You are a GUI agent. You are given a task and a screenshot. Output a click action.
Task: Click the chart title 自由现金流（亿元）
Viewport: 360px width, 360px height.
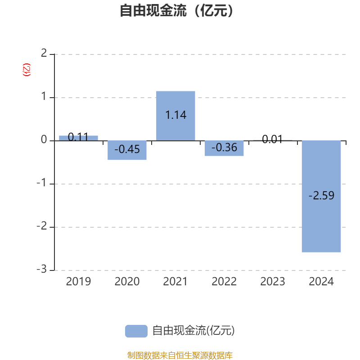176,10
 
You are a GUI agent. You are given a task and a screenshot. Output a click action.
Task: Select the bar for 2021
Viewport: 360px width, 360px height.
175,116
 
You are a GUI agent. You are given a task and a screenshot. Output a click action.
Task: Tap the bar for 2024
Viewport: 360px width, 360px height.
321,196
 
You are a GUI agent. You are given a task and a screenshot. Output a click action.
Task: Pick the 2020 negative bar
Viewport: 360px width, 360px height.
127,150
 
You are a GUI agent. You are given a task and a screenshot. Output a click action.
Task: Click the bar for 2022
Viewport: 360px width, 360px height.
224,148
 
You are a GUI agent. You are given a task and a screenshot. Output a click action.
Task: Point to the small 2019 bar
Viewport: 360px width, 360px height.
78,138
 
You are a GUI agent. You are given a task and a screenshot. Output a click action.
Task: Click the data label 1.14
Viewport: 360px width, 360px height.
176,115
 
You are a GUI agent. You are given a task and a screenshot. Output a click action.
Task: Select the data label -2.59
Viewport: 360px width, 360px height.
321,196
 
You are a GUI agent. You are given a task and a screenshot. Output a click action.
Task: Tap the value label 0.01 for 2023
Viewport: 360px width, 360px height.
272,139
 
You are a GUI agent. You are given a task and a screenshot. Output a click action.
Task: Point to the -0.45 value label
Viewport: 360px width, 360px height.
127,149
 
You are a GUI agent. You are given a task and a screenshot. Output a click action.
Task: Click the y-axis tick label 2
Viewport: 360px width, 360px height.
44,53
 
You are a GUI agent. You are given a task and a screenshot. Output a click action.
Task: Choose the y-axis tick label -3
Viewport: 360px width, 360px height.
42,269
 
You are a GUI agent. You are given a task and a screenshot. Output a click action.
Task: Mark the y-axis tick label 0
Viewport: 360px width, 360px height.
44,139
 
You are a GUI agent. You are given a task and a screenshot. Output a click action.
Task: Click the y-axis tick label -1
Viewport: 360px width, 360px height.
42,183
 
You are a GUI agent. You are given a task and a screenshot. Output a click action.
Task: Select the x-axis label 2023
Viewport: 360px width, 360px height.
273,282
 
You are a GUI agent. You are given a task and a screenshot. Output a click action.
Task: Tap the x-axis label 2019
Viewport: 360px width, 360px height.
78,282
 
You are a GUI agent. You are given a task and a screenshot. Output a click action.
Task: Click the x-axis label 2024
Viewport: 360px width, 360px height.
321,282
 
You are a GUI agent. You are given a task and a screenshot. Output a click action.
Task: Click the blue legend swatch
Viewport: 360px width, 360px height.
136,331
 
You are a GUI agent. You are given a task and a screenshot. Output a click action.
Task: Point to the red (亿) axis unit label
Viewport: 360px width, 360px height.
27,70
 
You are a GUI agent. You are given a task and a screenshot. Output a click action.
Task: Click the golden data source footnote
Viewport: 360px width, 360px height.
180,355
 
